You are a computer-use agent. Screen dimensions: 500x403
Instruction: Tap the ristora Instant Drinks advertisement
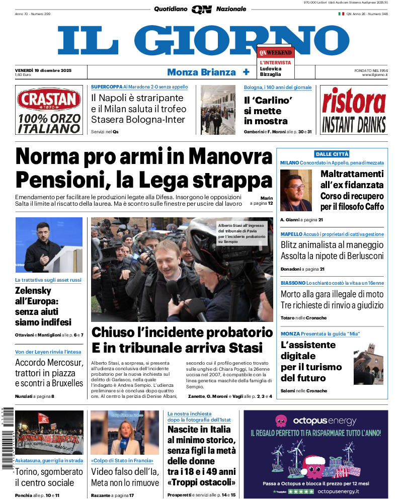[354, 110]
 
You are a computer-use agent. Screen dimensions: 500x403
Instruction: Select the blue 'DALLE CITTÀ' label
[332, 154]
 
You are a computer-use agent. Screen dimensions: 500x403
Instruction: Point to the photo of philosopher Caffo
[296, 190]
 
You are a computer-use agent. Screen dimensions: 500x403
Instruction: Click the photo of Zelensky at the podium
[49, 245]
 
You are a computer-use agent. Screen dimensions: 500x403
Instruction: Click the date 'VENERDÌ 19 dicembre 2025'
[43, 70]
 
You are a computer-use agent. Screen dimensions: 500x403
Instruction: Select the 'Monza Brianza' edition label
[201, 72]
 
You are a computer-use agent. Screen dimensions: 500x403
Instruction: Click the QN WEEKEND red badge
[275, 52]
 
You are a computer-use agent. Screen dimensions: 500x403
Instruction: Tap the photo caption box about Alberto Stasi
[244, 233]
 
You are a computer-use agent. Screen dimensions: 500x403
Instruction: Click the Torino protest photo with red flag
[49, 433]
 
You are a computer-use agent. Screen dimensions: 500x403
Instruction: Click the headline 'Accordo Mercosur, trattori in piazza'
[49, 373]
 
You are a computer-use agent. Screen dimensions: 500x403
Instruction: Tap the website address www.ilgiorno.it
[375, 75]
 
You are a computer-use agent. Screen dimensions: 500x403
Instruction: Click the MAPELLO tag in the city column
[291, 234]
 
